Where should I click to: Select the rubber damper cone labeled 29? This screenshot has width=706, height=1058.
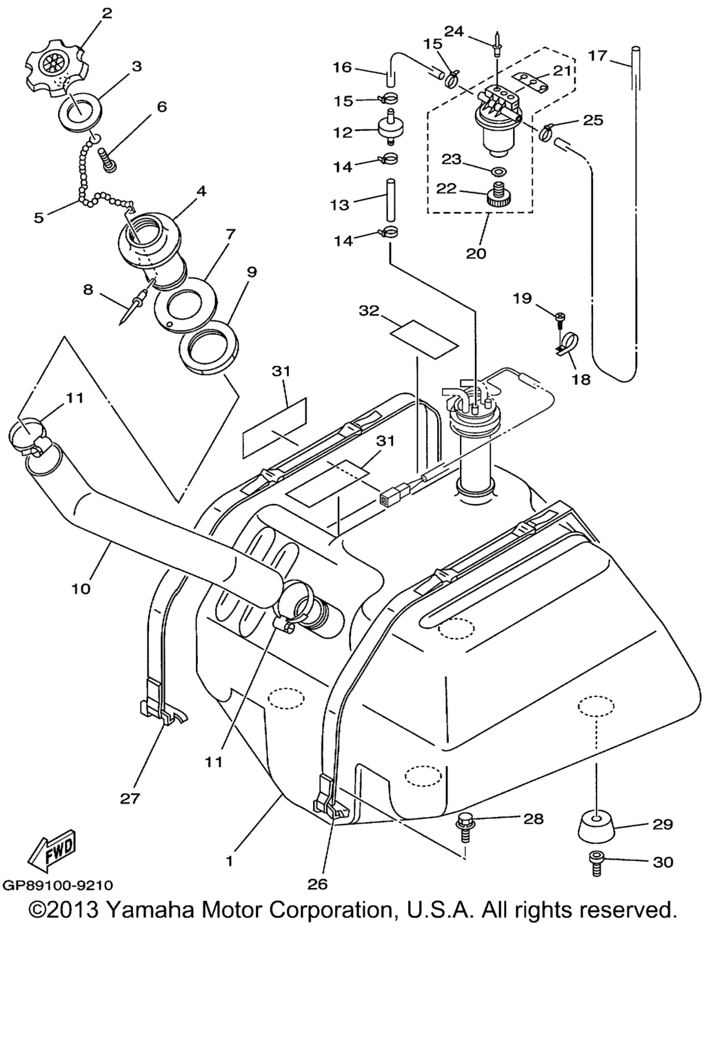pos(596,827)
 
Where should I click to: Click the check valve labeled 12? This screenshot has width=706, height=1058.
pos(390,127)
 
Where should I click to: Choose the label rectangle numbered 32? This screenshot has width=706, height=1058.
pos(424,336)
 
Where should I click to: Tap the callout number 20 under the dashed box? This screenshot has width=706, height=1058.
pos(476,253)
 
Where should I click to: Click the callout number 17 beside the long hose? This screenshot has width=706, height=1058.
pos(598,56)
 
